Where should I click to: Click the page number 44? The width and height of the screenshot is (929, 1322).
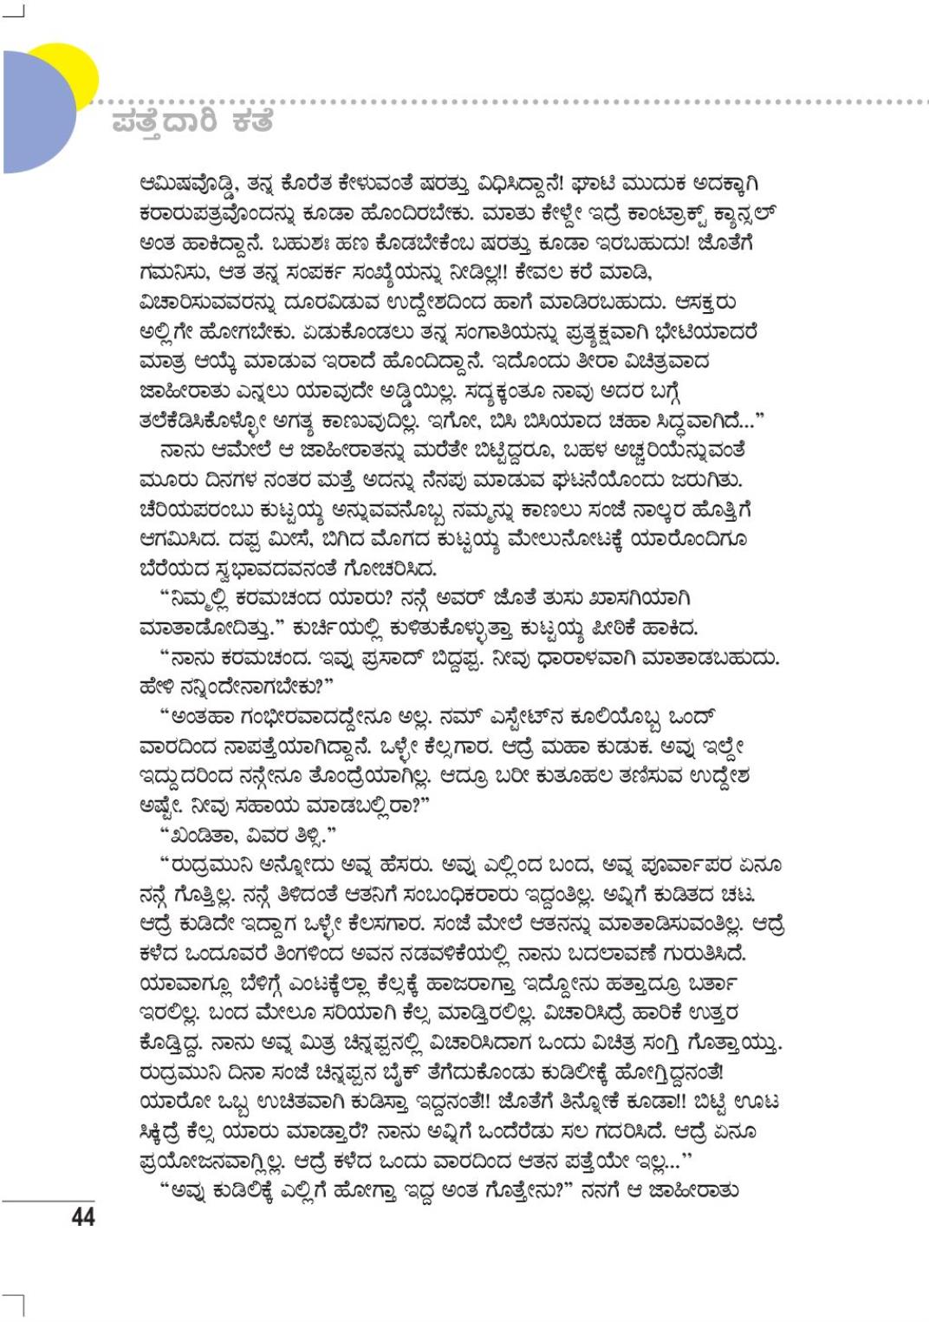(82, 1217)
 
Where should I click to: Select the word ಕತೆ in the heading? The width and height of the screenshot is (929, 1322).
(252, 122)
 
